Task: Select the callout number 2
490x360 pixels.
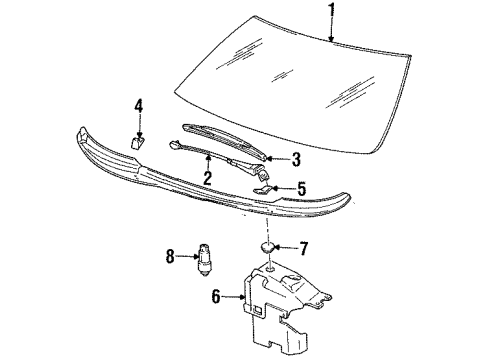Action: pos(207,178)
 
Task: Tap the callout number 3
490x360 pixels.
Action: pos(296,158)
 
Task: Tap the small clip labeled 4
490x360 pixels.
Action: pos(139,141)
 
